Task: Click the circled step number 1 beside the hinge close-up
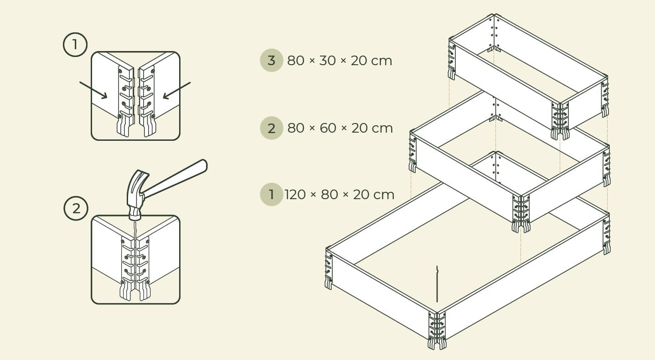75,45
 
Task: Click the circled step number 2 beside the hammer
76,208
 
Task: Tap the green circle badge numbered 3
271,60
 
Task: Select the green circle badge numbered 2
271,128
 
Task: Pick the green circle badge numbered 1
271,195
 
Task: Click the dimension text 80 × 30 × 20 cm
340,61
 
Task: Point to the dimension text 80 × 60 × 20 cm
340,129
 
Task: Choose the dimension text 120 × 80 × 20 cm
340,195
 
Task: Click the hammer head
136,195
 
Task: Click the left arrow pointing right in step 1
93,90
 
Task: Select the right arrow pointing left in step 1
177,90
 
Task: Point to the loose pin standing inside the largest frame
437,284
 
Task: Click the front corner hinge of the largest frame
437,330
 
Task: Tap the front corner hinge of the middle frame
521,213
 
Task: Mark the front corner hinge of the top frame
560,120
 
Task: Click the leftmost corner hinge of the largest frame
329,269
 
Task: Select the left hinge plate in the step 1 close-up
125,101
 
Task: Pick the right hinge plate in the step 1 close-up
147,101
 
